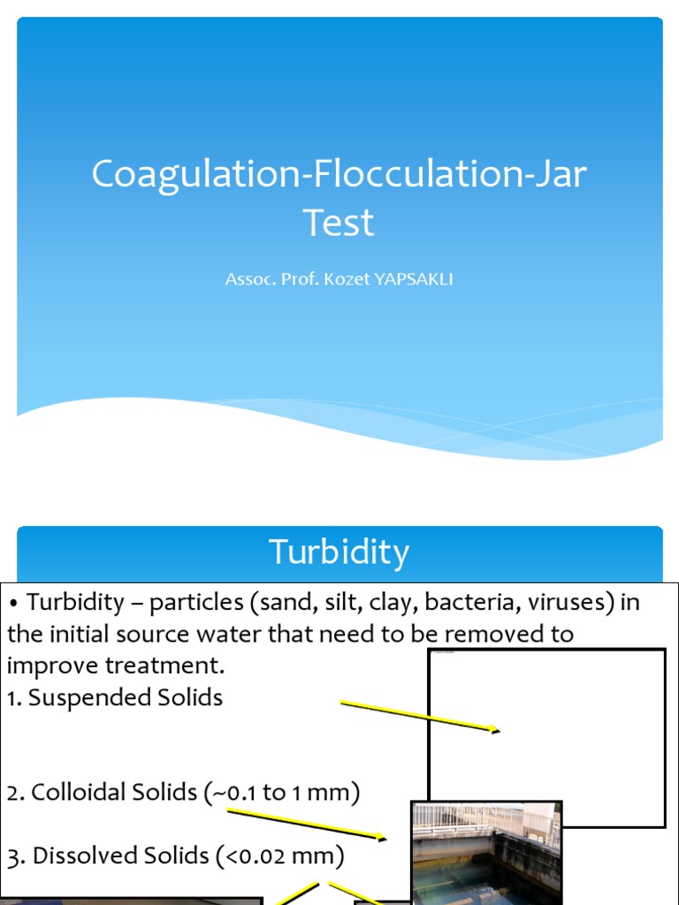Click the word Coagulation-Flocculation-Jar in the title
coord(339,174)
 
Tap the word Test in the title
coord(339,223)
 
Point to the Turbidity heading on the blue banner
coord(339,552)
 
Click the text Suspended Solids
coord(125,697)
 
